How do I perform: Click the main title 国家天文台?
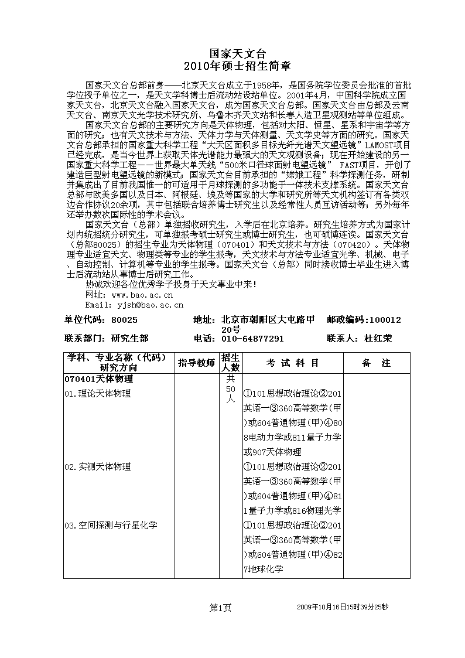[232, 53]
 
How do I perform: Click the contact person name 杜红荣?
[378, 339]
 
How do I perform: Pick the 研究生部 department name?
[130, 339]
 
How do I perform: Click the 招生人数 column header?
[231, 363]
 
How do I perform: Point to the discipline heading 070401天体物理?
[99, 380]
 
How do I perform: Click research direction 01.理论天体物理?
[98, 394]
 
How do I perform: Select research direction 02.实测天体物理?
[98, 467]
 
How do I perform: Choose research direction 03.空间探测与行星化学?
[111, 526]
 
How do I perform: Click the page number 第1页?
[221, 608]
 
